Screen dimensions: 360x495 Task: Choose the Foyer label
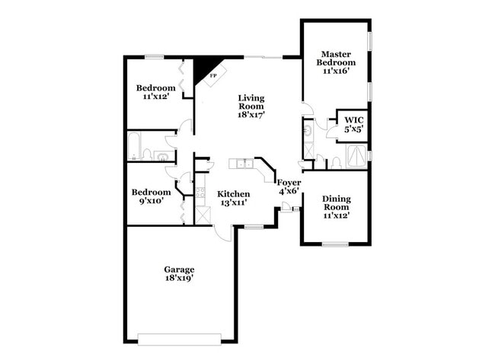pos(289,186)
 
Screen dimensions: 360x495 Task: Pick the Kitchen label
pos(234,199)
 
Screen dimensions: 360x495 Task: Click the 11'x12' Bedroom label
pos(155,92)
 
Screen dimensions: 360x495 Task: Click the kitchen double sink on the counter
pos(243,164)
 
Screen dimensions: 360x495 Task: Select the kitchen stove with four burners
pos(200,192)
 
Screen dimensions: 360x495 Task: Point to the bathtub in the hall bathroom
pos(136,146)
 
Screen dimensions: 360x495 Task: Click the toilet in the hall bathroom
pos(161,156)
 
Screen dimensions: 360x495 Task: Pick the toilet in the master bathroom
pos(334,162)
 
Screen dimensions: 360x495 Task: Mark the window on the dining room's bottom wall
pos(334,244)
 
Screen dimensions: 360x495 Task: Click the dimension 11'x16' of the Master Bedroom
pos(335,71)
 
